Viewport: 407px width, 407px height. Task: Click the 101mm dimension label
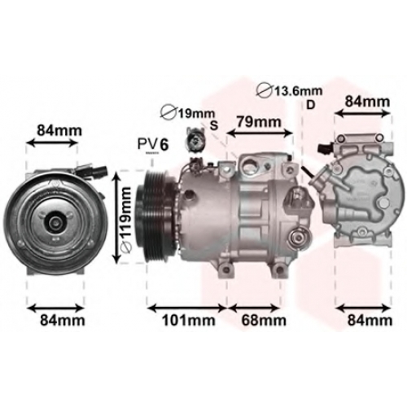(x=189, y=321)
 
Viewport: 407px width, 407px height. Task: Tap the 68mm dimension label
(x=263, y=321)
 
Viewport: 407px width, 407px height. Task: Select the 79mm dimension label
(x=258, y=122)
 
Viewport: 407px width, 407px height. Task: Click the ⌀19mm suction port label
(x=188, y=113)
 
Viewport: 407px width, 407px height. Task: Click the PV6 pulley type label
(x=153, y=144)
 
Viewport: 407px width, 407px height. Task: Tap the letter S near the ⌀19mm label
(x=214, y=125)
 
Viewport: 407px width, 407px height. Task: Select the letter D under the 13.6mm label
(x=310, y=105)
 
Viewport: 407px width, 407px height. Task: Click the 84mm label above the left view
(x=59, y=130)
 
